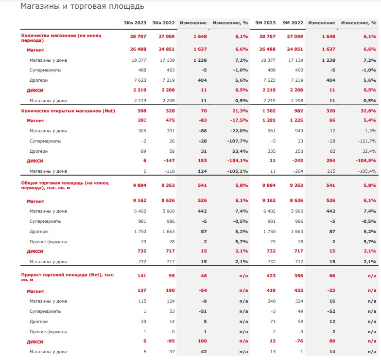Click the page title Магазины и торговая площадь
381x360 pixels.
(x=82, y=6)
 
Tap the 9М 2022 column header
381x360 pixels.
(x=293, y=23)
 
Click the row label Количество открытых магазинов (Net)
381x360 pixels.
(x=68, y=111)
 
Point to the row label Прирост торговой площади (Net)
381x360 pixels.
(x=68, y=277)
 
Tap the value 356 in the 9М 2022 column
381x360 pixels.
(x=298, y=275)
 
